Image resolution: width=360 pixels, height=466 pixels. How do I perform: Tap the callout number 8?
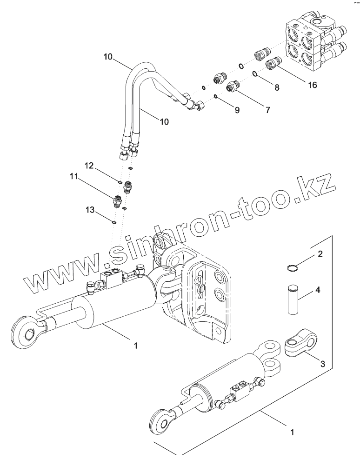(x=277, y=87)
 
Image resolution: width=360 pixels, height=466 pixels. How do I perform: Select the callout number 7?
(x=267, y=110)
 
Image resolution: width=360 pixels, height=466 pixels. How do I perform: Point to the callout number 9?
(x=237, y=111)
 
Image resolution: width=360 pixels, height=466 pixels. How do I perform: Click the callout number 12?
(x=88, y=166)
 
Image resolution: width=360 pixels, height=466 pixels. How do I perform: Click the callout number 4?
(x=318, y=290)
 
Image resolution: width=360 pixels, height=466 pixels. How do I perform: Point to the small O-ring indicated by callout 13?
(x=113, y=222)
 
